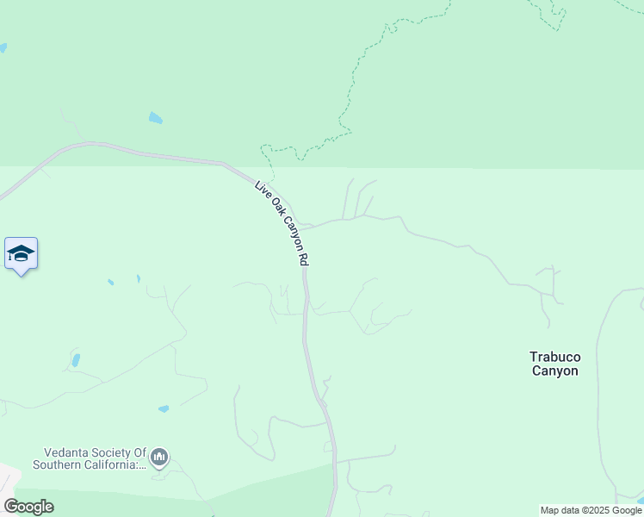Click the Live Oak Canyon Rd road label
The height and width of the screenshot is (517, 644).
282,222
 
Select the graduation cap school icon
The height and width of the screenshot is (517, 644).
21,254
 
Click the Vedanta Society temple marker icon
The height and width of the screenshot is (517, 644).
159,457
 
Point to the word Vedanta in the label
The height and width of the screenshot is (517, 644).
68,452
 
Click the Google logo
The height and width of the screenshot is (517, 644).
28,507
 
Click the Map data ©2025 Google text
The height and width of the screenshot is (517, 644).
591,510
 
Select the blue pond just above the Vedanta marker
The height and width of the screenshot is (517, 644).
164,408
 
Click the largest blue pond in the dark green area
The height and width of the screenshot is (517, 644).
155,118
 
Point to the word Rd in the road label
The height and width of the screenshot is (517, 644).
303,258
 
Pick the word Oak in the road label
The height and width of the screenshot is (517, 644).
275,208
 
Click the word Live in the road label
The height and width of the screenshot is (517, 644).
262,189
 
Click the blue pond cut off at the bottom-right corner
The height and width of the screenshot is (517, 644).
640,500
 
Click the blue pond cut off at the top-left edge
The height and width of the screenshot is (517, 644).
3,48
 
